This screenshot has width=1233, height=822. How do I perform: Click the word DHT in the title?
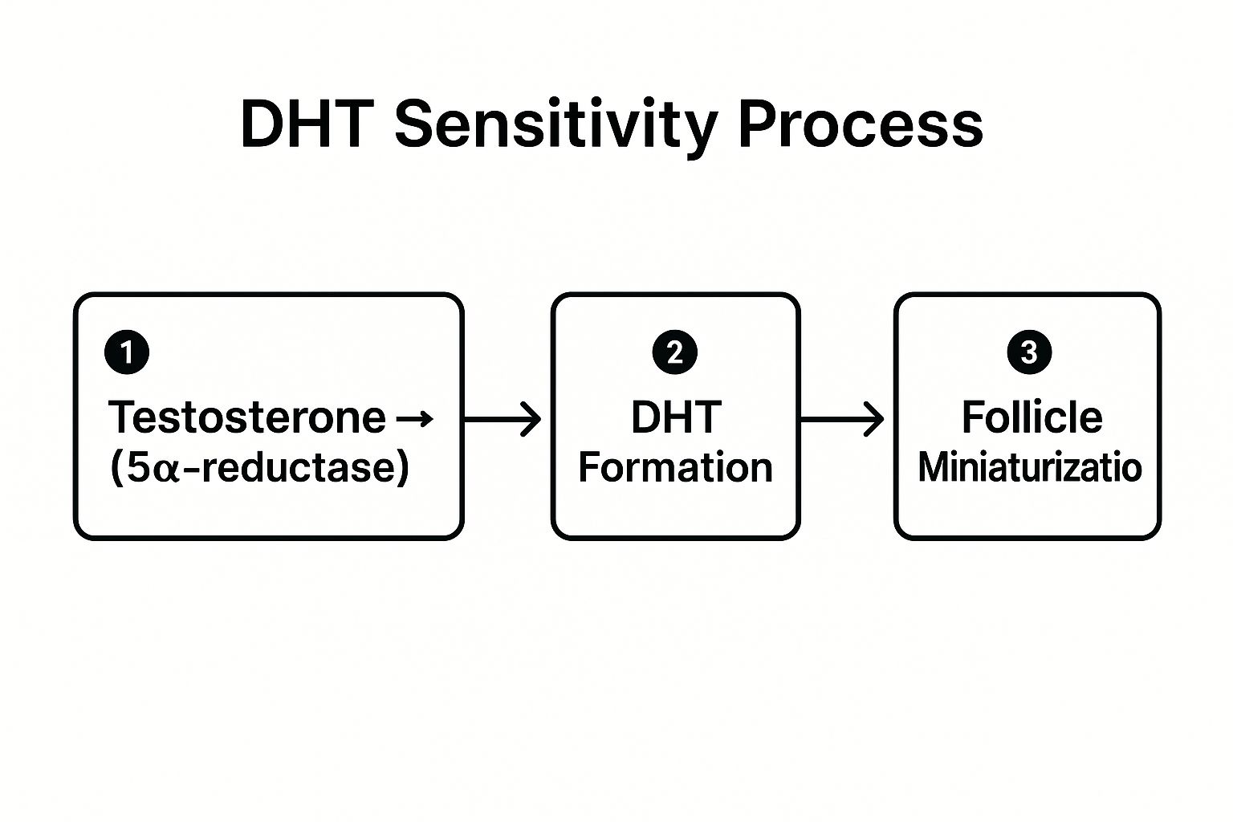coord(309,124)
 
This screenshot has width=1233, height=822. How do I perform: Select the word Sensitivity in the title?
coord(555,126)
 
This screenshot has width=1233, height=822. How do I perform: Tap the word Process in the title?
coord(860,124)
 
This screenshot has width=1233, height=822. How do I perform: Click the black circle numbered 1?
coord(127,352)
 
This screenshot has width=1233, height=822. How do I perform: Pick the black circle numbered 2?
coord(675,352)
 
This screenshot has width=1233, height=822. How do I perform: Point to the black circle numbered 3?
coord(1028,352)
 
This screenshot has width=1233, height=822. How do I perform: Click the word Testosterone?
coord(247,417)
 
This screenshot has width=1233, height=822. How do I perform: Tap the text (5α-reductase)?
coord(259,467)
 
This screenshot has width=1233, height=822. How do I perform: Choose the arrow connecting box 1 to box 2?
coord(503,419)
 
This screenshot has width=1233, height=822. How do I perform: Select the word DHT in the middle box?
coord(675,417)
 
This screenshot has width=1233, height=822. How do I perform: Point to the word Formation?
coord(675,468)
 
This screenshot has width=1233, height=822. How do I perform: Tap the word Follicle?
coord(1032,417)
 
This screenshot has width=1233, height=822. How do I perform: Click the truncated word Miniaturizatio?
coord(1029,467)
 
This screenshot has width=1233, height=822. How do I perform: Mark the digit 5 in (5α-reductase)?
coord(138,467)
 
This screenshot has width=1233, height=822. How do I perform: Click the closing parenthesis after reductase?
coord(402,467)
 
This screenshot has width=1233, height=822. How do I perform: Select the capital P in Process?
coord(757,124)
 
